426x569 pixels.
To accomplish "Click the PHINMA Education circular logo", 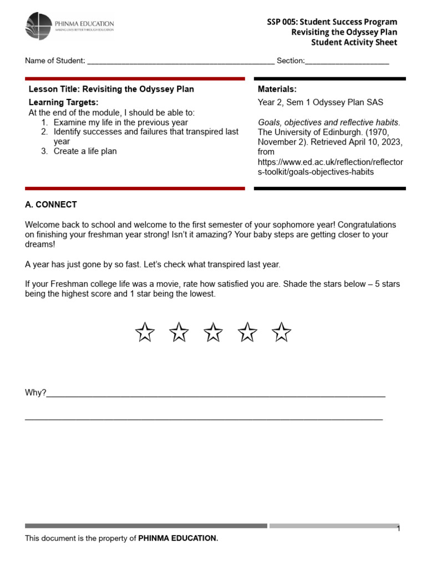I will point(38,26).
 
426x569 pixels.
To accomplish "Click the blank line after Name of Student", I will point(181,61).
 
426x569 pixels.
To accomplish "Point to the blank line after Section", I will point(347,61).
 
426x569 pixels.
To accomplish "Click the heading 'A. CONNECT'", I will point(51,204).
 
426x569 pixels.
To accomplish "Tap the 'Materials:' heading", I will point(277,89).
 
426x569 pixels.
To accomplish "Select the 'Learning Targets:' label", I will point(63,103).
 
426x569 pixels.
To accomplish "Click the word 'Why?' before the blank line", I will point(35,393).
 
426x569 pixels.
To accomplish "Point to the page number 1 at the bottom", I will point(398,528).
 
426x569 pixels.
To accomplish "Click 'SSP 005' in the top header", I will point(282,22).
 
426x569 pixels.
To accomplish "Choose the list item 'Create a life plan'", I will point(85,151).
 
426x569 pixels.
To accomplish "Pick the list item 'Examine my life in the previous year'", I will point(120,122).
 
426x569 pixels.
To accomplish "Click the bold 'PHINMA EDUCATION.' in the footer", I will point(178,538).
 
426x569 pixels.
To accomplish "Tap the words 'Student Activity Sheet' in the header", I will point(354,43).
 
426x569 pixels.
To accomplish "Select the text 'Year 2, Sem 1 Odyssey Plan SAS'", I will point(320,103).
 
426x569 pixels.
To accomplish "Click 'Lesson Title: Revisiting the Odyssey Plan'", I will point(111,89).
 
